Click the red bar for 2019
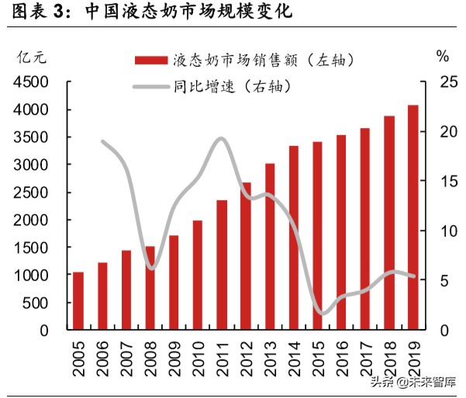coord(412,217)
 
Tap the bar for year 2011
coord(222,265)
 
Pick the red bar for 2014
coord(294,237)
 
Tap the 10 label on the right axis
coord(440,231)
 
